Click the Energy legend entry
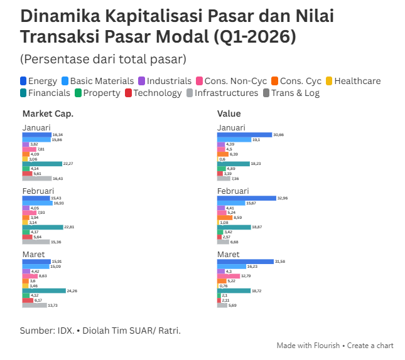(x=39, y=81)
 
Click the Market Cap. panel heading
(x=48, y=114)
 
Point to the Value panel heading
(x=229, y=114)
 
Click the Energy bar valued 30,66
(x=244, y=135)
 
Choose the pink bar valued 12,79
(x=229, y=276)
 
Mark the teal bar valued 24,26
(x=44, y=290)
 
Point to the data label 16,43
(x=58, y=178)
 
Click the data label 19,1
(x=256, y=140)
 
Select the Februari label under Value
(x=233, y=191)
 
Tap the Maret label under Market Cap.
(x=35, y=254)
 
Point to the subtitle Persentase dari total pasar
(x=103, y=59)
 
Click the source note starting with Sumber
(x=100, y=330)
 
